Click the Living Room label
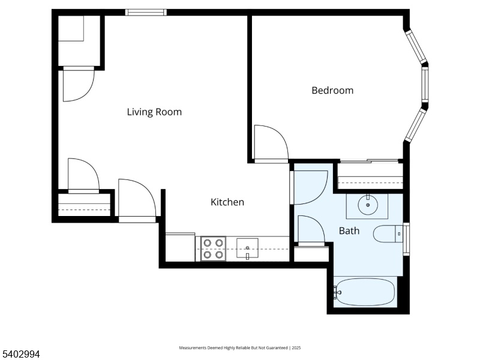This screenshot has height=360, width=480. click(x=154, y=112)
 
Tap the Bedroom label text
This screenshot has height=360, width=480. click(x=332, y=91)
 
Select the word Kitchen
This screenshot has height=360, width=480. click(x=227, y=202)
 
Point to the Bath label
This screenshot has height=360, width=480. click(x=349, y=231)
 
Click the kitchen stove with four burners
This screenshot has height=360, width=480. click(x=214, y=248)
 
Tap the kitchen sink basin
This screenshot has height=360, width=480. click(x=247, y=248)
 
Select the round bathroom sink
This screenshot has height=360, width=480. click(x=368, y=205)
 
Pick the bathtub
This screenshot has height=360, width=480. click(x=364, y=292)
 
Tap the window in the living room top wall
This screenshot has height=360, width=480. click(x=146, y=12)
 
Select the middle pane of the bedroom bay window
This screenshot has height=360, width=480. click(x=425, y=83)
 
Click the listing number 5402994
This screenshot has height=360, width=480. click(x=20, y=354)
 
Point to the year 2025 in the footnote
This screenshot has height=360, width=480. click(x=296, y=348)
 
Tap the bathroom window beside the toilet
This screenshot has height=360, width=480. click(x=406, y=239)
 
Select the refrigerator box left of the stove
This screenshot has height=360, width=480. click(x=181, y=247)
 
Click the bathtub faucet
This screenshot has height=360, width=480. click(x=337, y=292)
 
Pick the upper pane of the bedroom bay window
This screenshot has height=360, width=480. click(x=416, y=47)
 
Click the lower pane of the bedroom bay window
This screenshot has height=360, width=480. click(x=415, y=125)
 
